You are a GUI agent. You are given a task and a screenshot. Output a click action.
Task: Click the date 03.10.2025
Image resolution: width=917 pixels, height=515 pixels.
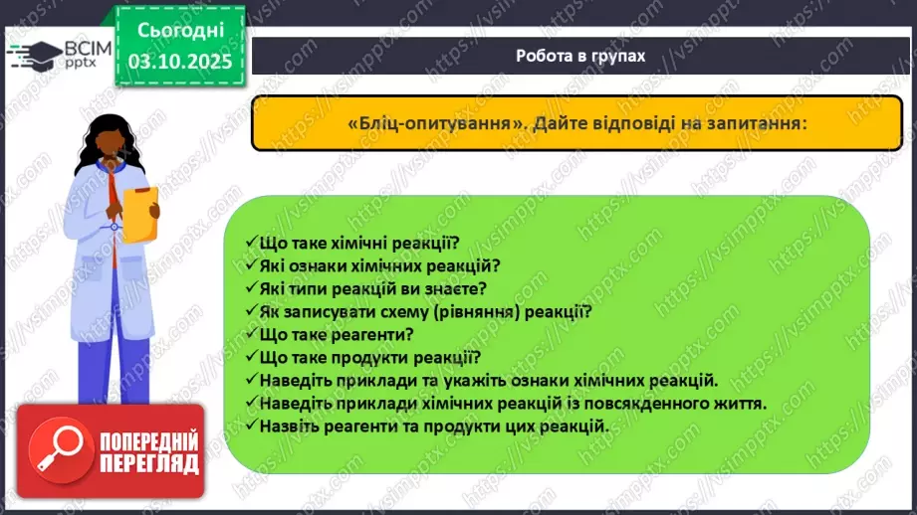point(179,60)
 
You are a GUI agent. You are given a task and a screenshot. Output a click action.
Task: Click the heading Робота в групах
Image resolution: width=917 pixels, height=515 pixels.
point(580,56)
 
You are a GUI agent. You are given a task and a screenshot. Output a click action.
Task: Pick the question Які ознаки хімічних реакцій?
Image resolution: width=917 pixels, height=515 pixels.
point(377,265)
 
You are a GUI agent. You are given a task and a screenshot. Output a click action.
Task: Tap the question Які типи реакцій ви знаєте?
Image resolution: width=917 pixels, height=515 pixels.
point(371,288)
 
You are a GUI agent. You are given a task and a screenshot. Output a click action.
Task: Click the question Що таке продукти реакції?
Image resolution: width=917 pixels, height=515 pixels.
point(369,357)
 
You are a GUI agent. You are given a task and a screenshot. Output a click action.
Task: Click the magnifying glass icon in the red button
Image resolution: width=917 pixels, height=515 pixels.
point(57,452)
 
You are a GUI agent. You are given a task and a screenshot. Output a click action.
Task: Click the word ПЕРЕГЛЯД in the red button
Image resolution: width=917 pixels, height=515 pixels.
point(147,462)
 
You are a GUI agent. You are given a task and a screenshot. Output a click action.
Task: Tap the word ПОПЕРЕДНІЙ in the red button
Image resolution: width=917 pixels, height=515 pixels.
point(147,440)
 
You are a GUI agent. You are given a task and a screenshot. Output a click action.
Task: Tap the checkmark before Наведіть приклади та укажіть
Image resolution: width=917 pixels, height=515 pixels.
point(250,381)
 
